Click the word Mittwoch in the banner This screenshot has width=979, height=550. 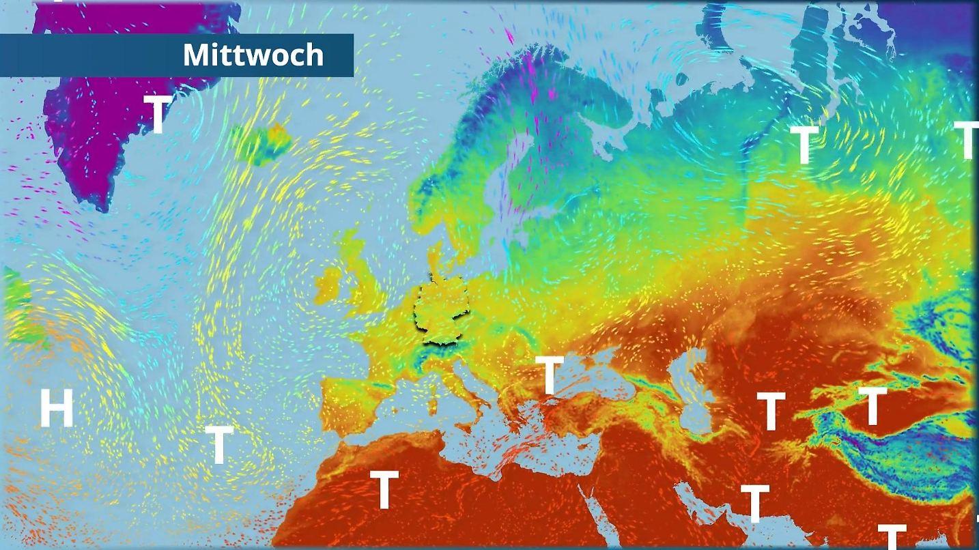tap(253, 55)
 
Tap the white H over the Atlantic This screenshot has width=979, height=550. tap(56, 408)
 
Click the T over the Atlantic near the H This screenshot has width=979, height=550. tap(219, 444)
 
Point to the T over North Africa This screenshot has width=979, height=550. tap(384, 489)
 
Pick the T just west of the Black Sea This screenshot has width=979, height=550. tap(550, 375)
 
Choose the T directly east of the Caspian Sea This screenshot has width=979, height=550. tap(771, 411)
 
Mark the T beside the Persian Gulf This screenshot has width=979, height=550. tap(754, 503)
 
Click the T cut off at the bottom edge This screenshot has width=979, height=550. tap(892, 536)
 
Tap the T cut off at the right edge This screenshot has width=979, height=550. tap(966, 140)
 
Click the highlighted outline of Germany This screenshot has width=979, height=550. tap(442, 311)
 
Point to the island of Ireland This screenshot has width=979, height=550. tap(328, 285)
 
